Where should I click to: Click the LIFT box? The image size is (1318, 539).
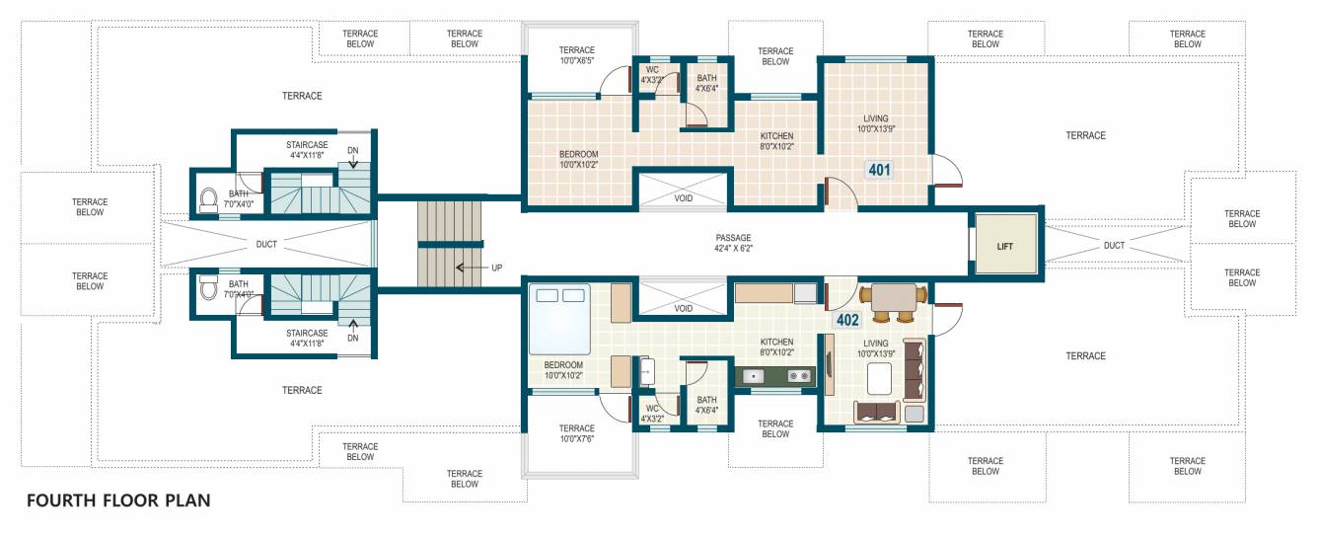tap(1004, 246)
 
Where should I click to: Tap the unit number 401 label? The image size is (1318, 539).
tap(879, 170)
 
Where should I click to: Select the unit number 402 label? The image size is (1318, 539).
tap(847, 320)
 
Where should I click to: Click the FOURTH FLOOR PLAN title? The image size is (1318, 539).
tap(118, 500)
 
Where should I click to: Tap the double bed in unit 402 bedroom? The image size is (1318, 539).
tap(559, 319)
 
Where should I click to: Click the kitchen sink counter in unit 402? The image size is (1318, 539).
tap(775, 375)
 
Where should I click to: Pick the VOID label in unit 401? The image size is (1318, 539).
tap(683, 198)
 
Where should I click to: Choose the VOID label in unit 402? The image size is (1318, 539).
tap(683, 308)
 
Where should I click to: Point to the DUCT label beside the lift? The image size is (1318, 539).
tap(1114, 245)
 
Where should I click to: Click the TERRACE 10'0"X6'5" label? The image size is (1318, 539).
tap(577, 55)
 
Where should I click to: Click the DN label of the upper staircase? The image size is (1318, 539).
tap(352, 150)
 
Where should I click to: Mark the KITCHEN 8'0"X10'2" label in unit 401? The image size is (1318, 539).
tap(776, 141)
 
